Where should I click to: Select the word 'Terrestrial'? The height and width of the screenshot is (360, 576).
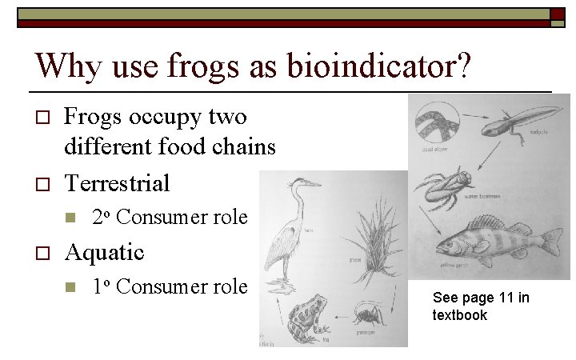(x=117, y=183)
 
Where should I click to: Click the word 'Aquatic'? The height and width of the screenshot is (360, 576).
(x=104, y=252)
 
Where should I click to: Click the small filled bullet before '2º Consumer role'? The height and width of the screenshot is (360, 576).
(x=70, y=218)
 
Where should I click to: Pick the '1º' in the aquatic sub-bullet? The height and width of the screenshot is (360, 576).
(x=101, y=286)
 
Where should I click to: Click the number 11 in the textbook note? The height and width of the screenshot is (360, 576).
(x=502, y=298)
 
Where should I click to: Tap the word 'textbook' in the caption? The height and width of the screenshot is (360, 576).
(x=460, y=315)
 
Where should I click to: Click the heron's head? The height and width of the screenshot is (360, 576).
(x=304, y=184)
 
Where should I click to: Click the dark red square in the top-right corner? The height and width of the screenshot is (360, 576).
(x=557, y=14)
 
